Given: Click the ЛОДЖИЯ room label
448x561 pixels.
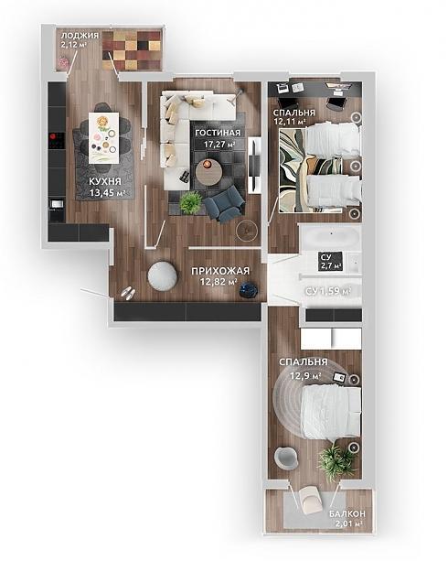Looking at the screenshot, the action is click(x=80, y=36).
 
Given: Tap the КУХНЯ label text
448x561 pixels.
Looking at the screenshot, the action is click(x=105, y=182).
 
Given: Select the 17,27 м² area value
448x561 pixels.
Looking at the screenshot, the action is click(x=219, y=145).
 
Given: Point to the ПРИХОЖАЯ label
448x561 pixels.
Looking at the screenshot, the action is click(x=220, y=271).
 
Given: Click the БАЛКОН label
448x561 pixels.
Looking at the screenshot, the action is click(x=347, y=513).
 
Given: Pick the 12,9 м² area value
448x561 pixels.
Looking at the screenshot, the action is click(x=305, y=376).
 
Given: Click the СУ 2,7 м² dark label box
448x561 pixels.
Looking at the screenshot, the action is click(x=330, y=261).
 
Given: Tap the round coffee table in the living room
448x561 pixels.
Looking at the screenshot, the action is click(x=208, y=172).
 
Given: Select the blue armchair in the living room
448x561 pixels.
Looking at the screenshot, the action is click(x=224, y=205).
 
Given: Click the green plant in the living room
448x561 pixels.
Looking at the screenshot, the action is click(x=191, y=203).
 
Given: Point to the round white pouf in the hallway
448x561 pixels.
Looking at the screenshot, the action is click(x=163, y=275).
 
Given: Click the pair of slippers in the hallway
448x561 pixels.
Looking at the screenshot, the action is click(x=128, y=293).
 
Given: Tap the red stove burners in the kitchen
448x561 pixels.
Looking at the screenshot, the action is click(x=57, y=141).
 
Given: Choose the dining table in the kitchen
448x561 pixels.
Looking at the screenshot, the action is click(x=103, y=138).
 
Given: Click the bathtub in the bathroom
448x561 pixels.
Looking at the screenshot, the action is click(x=330, y=237).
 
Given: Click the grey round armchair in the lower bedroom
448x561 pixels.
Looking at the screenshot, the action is click(x=286, y=458).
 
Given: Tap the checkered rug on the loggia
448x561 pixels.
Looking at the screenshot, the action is click(x=132, y=50).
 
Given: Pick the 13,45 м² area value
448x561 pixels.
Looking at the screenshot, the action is click(x=107, y=193).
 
